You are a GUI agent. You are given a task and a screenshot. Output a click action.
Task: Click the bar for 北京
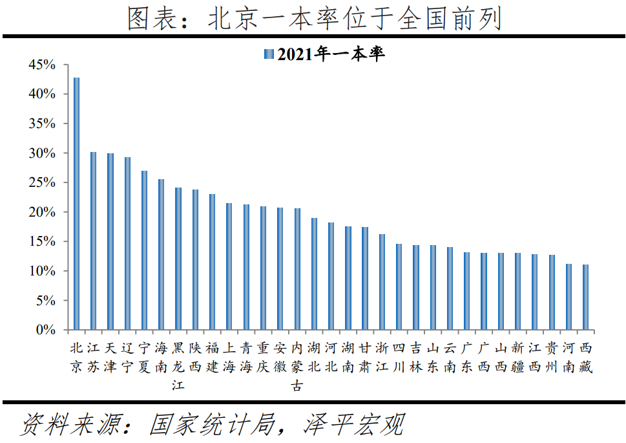coord(76,204)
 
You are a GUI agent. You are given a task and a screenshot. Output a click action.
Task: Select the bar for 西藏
coord(585,297)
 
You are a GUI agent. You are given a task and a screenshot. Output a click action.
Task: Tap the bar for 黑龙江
coord(178,259)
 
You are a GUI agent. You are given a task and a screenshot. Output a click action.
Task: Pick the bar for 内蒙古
coord(297,269)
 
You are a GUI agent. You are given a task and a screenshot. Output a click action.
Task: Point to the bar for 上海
coord(229,266)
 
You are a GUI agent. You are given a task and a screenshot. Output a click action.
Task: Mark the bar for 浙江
coord(382,282)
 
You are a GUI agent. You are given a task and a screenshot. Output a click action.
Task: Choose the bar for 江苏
coord(93,241)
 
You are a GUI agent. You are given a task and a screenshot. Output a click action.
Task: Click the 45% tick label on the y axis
coord(42,65)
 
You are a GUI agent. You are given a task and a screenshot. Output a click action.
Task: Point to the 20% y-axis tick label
coord(42,212)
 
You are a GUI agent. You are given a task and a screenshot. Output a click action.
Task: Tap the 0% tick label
coord(45,330)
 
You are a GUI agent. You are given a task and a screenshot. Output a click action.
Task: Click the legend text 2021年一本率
coord(331,54)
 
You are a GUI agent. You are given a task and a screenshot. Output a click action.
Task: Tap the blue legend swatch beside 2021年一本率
coord(269,54)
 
